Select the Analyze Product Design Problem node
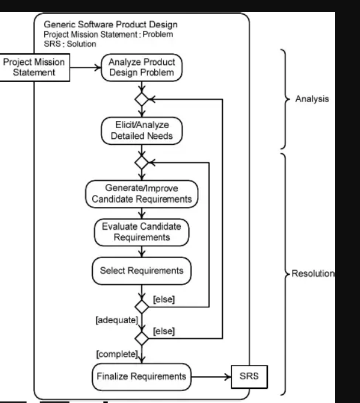141,68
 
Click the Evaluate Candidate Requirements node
141,231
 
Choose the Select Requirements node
141,270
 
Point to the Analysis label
312,99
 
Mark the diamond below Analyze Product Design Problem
141,99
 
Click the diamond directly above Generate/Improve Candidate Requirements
141,161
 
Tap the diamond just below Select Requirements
141,306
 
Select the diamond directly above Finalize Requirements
141,340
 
